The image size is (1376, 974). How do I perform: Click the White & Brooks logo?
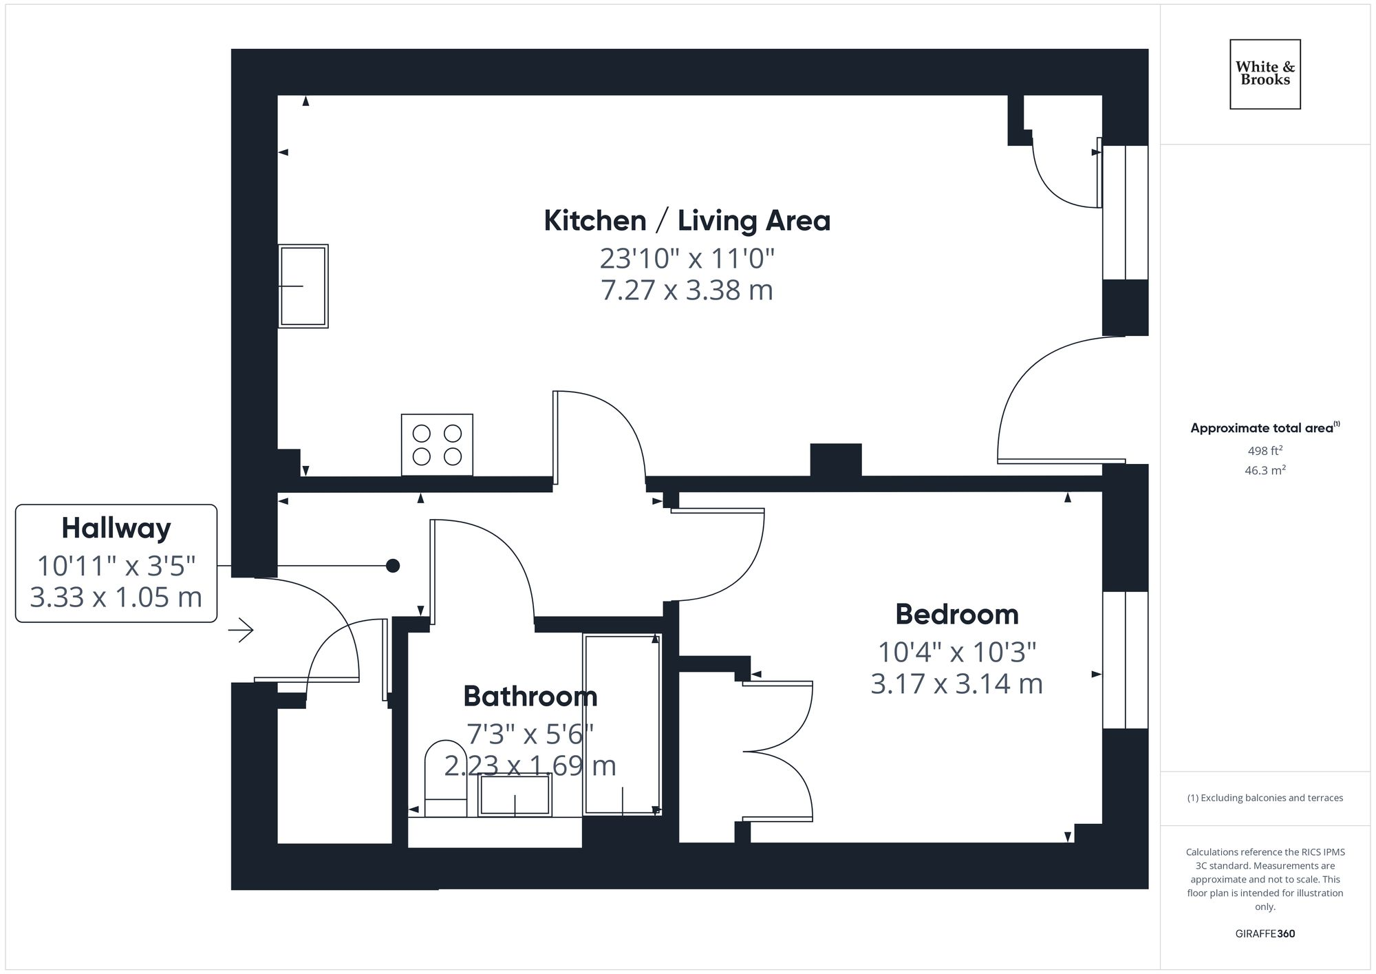(1265, 74)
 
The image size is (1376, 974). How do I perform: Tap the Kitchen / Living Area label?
(687, 221)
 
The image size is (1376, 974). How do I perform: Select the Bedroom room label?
(956, 615)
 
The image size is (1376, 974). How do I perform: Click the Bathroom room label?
(530, 697)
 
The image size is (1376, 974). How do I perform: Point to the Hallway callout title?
(116, 529)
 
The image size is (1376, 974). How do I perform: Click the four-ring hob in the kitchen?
(437, 445)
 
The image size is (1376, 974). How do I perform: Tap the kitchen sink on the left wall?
(303, 286)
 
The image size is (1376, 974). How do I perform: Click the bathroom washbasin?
(515, 795)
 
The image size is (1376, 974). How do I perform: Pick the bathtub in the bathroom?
(622, 724)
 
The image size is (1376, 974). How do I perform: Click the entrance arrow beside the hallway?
(241, 630)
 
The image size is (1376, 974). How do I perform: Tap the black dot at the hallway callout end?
(393, 566)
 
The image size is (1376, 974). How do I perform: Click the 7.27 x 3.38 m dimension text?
(687, 290)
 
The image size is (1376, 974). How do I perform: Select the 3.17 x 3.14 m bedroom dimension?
(956, 684)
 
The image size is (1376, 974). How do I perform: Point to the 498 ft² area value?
(1265, 452)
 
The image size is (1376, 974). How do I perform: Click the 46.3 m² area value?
(1265, 471)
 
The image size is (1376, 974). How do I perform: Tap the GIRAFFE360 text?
(1265, 934)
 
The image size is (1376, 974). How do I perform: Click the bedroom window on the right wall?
(1125, 659)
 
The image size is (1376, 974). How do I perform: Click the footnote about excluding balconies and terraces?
(1265, 798)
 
